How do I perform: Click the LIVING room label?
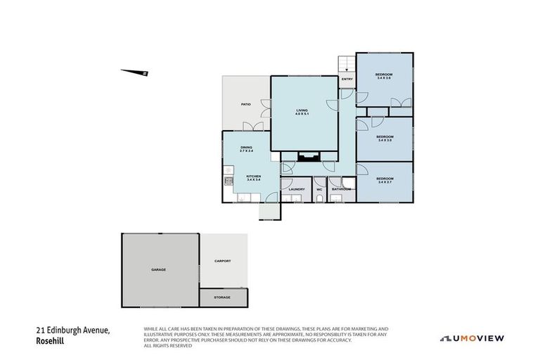point(302,111)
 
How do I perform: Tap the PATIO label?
point(245,104)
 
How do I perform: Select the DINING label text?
point(246,148)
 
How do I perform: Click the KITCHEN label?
point(253,177)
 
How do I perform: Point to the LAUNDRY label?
point(296,189)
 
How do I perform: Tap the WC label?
point(319,189)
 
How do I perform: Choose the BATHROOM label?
point(342,189)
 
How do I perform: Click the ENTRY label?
point(347,79)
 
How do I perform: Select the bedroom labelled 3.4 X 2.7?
point(383,179)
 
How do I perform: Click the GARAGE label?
point(158,269)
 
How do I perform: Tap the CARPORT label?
point(222,261)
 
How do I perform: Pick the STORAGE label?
point(222,297)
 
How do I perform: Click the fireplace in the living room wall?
point(307,157)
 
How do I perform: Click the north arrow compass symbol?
point(134,71)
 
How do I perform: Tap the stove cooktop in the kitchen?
point(229,181)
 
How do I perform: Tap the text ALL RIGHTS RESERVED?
point(169,346)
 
